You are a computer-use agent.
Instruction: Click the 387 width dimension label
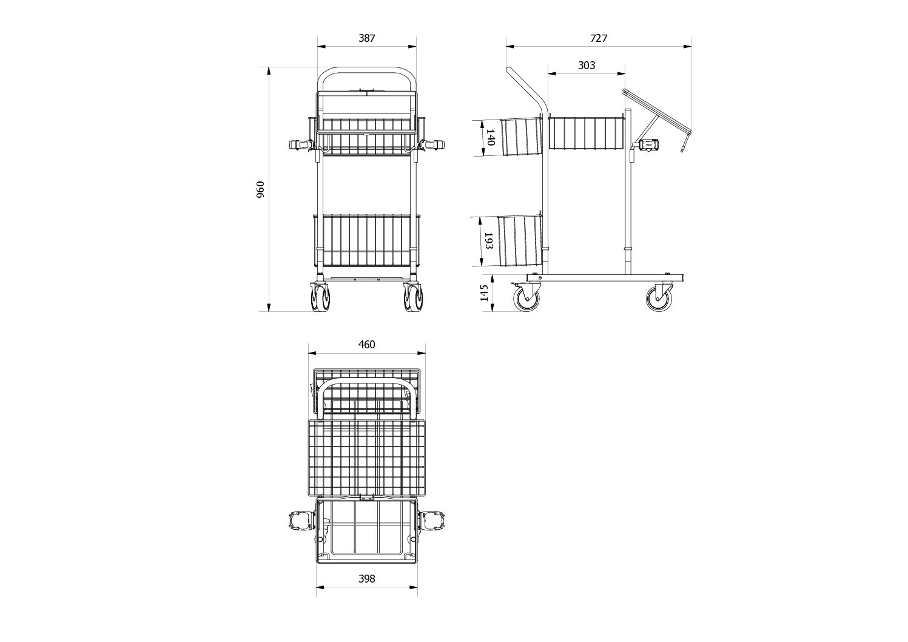click(x=367, y=38)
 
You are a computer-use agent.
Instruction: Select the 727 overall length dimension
click(x=599, y=38)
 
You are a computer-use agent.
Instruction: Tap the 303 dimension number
click(x=587, y=66)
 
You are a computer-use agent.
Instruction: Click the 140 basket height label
click(x=490, y=137)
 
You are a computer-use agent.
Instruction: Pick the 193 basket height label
click(x=488, y=241)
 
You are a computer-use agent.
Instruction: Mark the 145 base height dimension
click(x=484, y=293)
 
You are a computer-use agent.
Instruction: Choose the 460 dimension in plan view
click(x=367, y=344)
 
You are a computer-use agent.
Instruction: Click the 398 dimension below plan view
click(x=367, y=579)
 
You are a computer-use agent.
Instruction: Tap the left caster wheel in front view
click(x=320, y=297)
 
